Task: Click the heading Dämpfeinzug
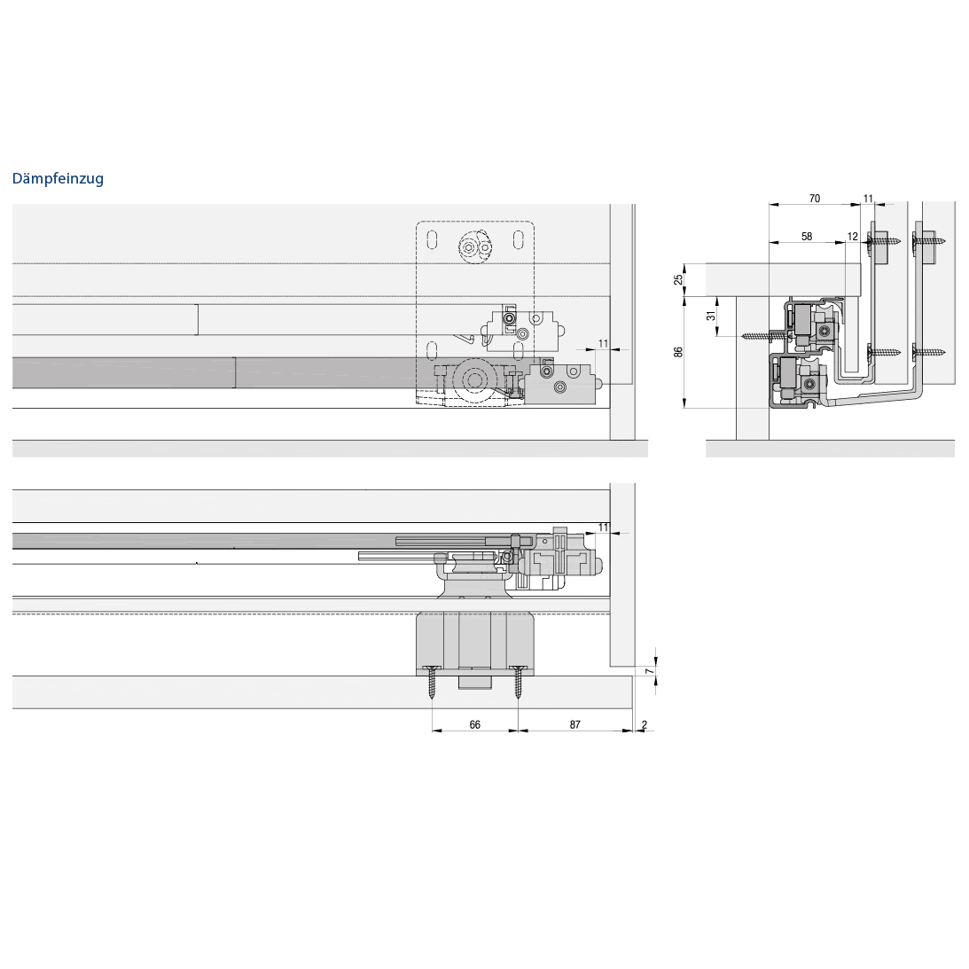59,178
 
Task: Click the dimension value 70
815,199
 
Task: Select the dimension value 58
807,236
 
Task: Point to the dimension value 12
853,236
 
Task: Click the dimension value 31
711,316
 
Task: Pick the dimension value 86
678,352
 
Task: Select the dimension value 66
474,724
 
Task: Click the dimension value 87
575,724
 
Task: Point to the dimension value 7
648,671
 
